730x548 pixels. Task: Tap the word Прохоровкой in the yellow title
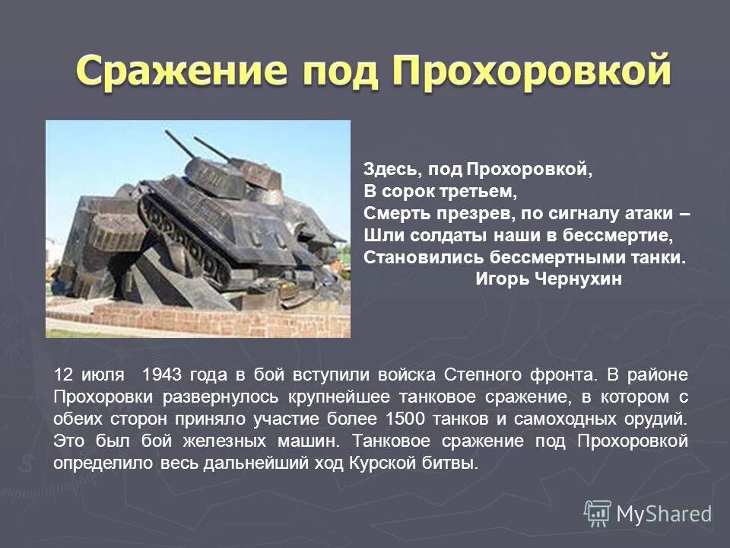(532, 75)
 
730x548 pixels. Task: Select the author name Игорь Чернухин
(548, 279)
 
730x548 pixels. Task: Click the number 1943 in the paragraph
(160, 374)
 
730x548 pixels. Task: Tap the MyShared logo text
(664, 514)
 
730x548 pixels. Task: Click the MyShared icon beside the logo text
(598, 513)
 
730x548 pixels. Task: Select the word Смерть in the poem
(392, 213)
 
